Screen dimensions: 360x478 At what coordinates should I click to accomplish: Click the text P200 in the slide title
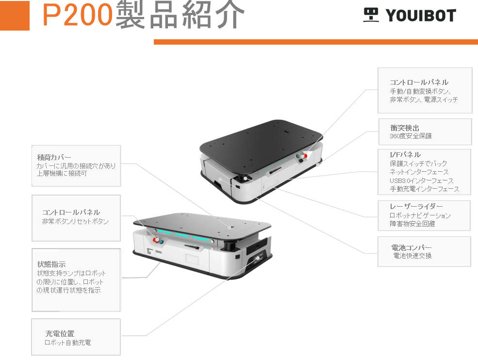pyautogui.click(x=78, y=16)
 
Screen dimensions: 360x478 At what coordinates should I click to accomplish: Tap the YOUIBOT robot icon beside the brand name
pyautogui.click(x=371, y=15)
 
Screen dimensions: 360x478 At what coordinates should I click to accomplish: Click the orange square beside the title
pyautogui.click(x=15, y=16)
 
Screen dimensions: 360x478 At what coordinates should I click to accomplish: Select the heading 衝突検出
pyautogui.click(x=405, y=128)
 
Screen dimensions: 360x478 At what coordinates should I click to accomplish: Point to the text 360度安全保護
pyautogui.click(x=411, y=136)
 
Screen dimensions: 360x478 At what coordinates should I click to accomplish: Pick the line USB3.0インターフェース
pyautogui.click(x=421, y=180)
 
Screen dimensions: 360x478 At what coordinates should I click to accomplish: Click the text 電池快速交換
pyautogui.click(x=412, y=256)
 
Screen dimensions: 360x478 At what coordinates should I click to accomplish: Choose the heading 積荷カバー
pyautogui.click(x=54, y=157)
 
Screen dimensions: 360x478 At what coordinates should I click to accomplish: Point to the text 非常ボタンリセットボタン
pyautogui.click(x=75, y=221)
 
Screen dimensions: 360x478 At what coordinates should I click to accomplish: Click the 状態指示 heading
pyautogui.click(x=51, y=264)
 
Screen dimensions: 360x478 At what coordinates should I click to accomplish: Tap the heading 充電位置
pyautogui.click(x=60, y=334)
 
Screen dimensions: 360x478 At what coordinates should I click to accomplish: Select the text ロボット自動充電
pyautogui.click(x=67, y=343)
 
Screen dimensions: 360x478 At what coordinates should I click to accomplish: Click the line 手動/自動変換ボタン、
pyautogui.click(x=421, y=91)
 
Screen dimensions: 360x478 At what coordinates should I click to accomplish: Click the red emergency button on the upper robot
pyautogui.click(x=305, y=156)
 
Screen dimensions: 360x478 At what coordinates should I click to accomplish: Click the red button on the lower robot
pyautogui.click(x=156, y=240)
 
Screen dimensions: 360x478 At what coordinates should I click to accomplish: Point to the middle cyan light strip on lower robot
pyautogui.click(x=183, y=236)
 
